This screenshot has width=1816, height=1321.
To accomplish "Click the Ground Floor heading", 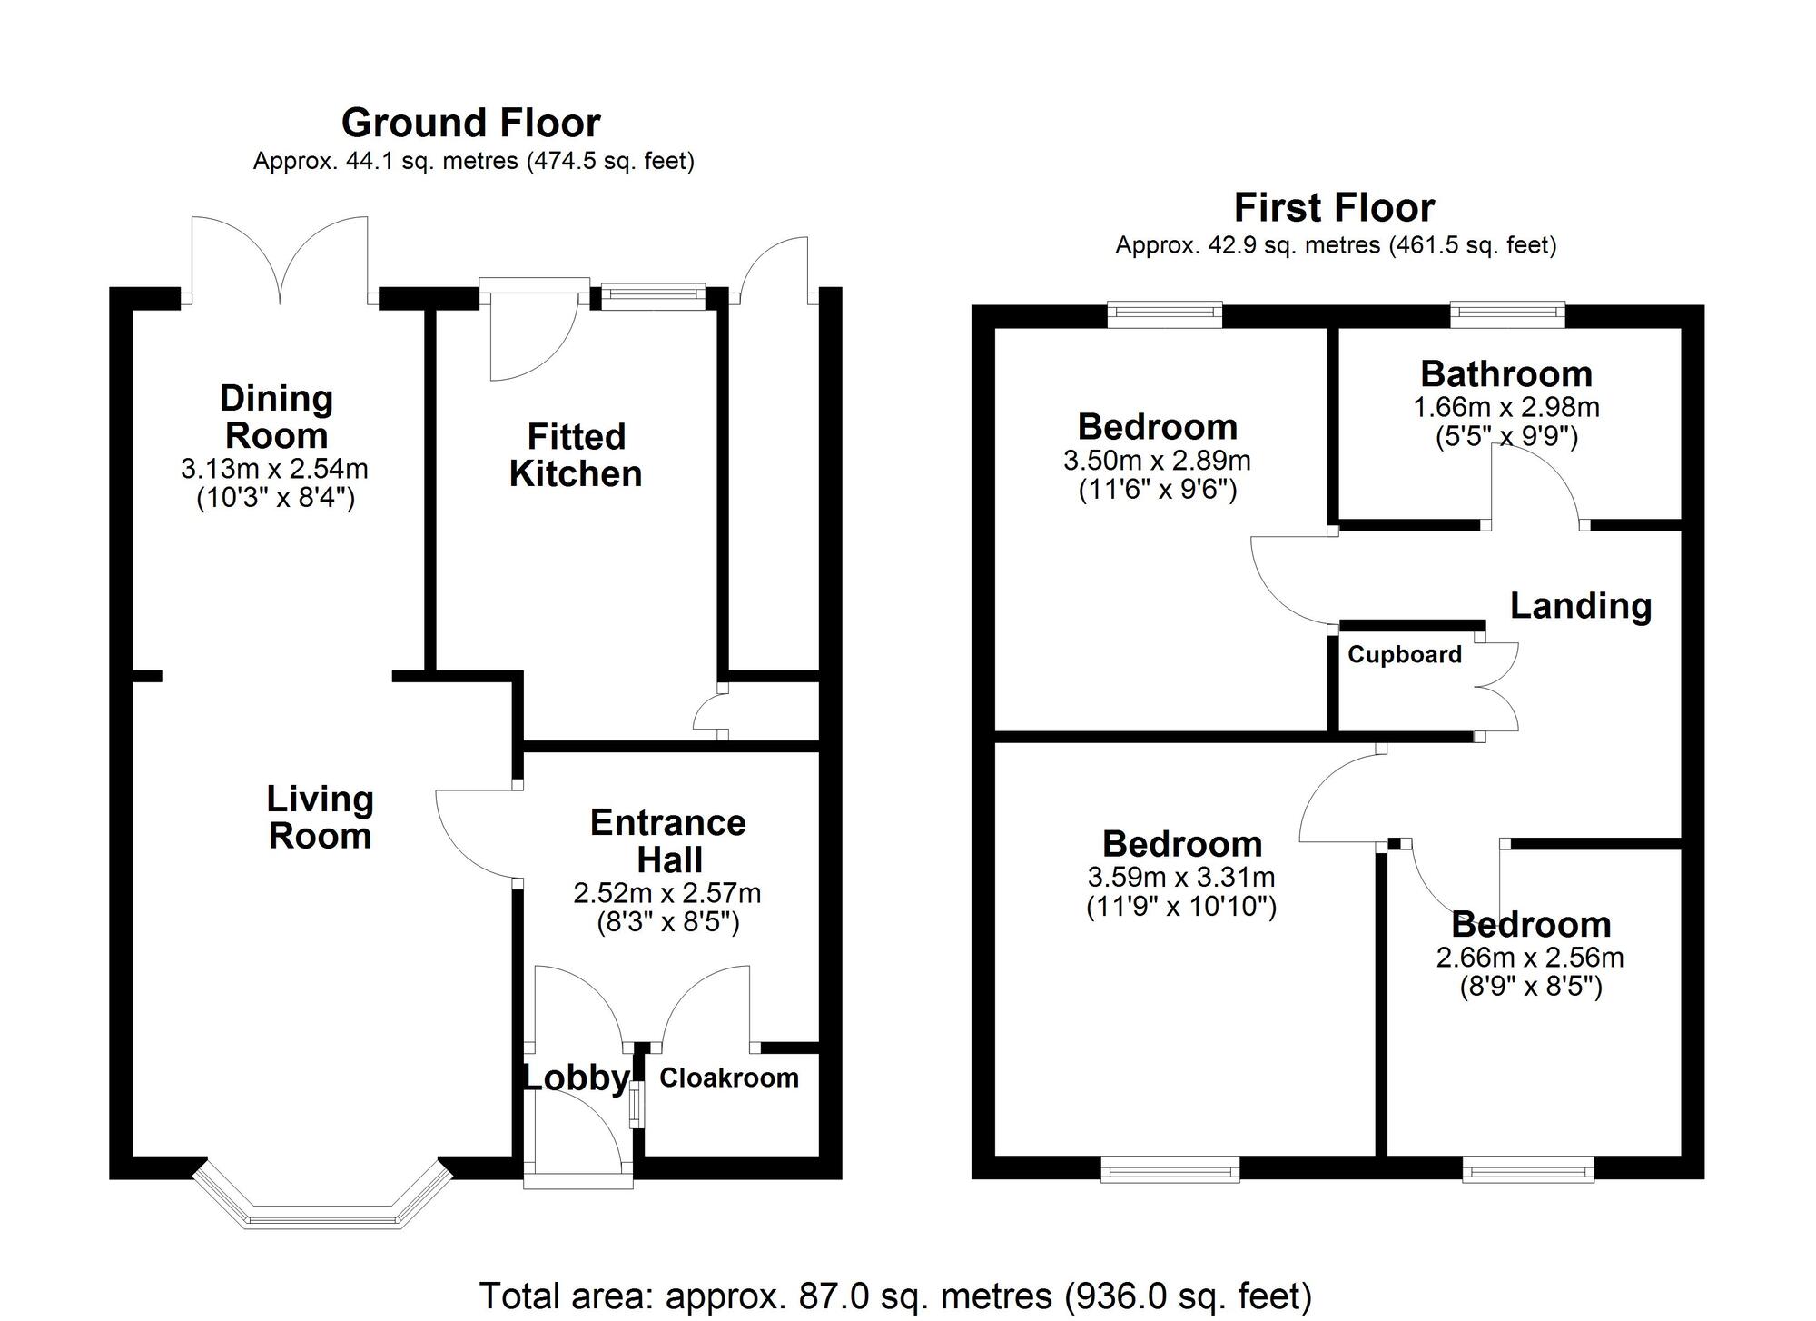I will pos(470,123).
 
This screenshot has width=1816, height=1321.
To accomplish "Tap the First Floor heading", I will pos(1334,208).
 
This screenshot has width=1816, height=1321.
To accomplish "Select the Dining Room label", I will pos(276,417).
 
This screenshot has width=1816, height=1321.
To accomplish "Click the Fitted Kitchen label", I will pos(576,455).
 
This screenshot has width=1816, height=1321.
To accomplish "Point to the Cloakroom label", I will pos(728,1078).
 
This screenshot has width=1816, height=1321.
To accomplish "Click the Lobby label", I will pos(576,1078).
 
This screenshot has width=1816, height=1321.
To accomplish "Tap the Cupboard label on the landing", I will pos(1404,655).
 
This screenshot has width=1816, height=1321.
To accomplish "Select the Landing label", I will pos(1580,606).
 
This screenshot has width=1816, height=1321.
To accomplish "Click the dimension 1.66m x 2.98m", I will pos(1506,408).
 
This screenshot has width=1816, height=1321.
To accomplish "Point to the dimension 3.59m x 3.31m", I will pos(1180,878).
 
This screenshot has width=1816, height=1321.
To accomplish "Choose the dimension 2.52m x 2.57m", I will pos(667,894).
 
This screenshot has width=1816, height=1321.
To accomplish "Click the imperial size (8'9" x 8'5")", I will pos(1530,987).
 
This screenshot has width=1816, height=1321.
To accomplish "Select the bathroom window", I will pos(1507,314).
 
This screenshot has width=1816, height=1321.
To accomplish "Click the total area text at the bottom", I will pos(894,1296).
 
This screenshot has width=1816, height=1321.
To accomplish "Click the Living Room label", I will pos(320,818).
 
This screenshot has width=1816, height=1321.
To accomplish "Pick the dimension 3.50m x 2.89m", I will pos(1157,462).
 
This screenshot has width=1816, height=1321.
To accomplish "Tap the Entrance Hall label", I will pos(667,841).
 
